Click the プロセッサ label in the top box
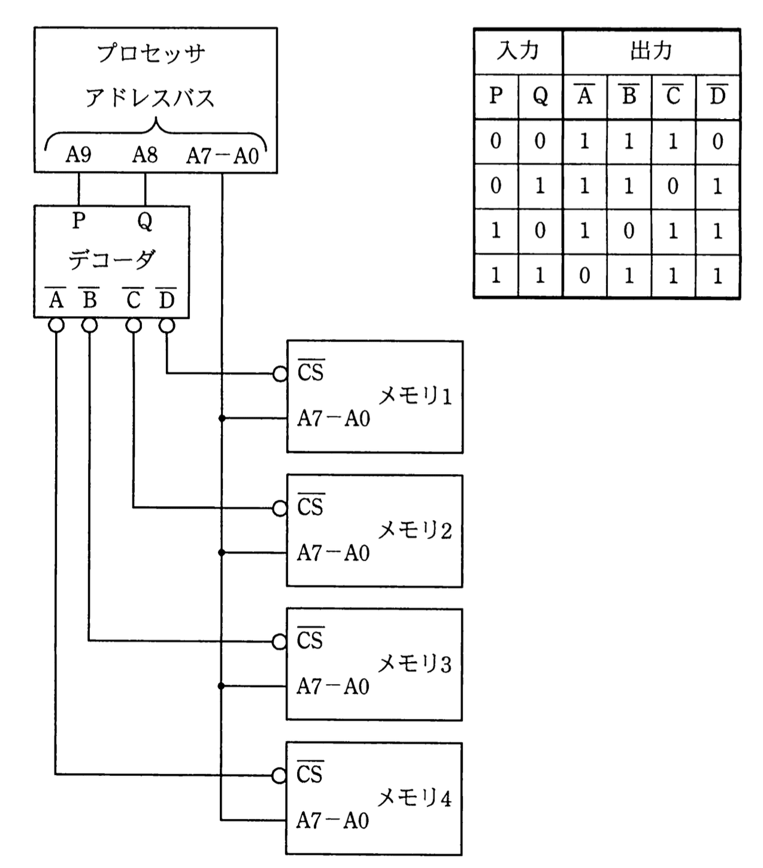pos(151,54)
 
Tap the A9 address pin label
pos(78,155)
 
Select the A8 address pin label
pos(145,155)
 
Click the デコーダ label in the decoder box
pos(111,260)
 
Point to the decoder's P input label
pos(78,221)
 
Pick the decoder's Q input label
pos(145,221)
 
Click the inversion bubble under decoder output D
pos(166,325)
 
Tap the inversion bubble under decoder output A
pos(56,325)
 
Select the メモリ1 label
pos(415,396)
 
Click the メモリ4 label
pos(414,797)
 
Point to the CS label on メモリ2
pos(310,506)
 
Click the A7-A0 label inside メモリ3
pos(333,686)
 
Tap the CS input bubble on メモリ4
pos(279,776)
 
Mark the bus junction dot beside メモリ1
pos(222,418)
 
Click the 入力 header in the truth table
pos(518,51)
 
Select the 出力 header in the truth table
pos(651,51)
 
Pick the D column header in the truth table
pos(717,96)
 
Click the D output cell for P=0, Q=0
pos(717,141)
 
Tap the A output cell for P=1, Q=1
pos(585,276)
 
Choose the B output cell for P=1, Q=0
pos(629,231)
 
